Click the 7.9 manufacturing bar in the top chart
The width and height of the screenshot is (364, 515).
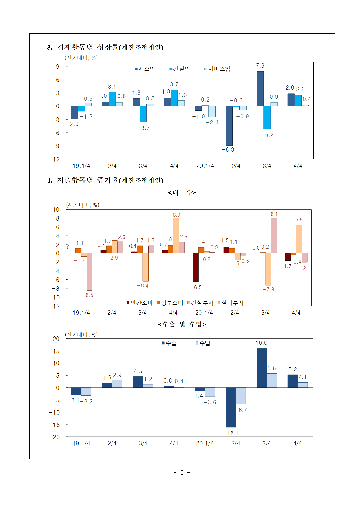click(x=260, y=88)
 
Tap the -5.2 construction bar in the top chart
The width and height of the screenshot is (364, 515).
click(x=267, y=117)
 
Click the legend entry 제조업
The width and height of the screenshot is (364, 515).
click(x=145, y=69)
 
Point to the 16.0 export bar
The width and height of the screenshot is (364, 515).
click(x=262, y=368)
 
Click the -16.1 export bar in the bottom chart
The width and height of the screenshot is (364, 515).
click(x=231, y=407)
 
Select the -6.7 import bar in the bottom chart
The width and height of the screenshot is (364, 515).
click(x=241, y=396)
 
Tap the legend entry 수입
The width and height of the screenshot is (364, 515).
click(x=203, y=343)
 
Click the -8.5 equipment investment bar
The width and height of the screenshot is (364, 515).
click(x=89, y=272)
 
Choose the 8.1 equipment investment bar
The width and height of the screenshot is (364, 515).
click(x=274, y=235)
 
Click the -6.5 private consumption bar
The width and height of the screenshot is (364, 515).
click(x=196, y=267)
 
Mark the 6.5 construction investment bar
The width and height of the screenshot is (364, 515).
click(x=299, y=239)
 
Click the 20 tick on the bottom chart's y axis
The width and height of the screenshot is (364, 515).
click(x=56, y=339)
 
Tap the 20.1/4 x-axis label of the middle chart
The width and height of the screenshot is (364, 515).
click(x=204, y=313)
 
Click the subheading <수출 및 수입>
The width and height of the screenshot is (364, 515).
click(x=182, y=324)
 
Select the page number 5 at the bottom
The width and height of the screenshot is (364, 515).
click(x=182, y=472)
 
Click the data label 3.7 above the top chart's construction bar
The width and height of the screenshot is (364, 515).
click(x=174, y=85)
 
